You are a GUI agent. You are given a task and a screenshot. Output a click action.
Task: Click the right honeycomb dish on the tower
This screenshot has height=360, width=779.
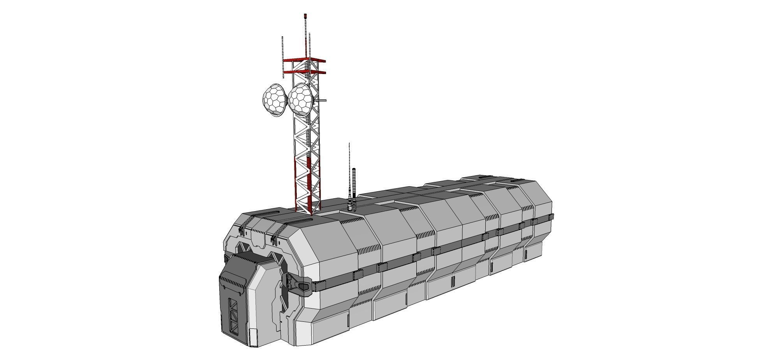point(299,98)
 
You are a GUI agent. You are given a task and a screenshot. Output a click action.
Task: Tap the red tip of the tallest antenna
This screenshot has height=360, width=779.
point(305,16)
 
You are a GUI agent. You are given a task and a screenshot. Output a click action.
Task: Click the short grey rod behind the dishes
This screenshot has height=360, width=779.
point(322,101)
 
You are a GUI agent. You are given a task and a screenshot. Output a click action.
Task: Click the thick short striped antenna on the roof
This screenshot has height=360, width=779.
point(354,183)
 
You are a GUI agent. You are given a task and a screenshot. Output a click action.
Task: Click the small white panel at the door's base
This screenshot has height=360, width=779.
point(254,337)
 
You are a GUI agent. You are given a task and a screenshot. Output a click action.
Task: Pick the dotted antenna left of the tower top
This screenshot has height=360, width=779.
point(282,56)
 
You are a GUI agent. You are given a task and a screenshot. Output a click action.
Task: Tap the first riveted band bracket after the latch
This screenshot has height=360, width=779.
point(357,275)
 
